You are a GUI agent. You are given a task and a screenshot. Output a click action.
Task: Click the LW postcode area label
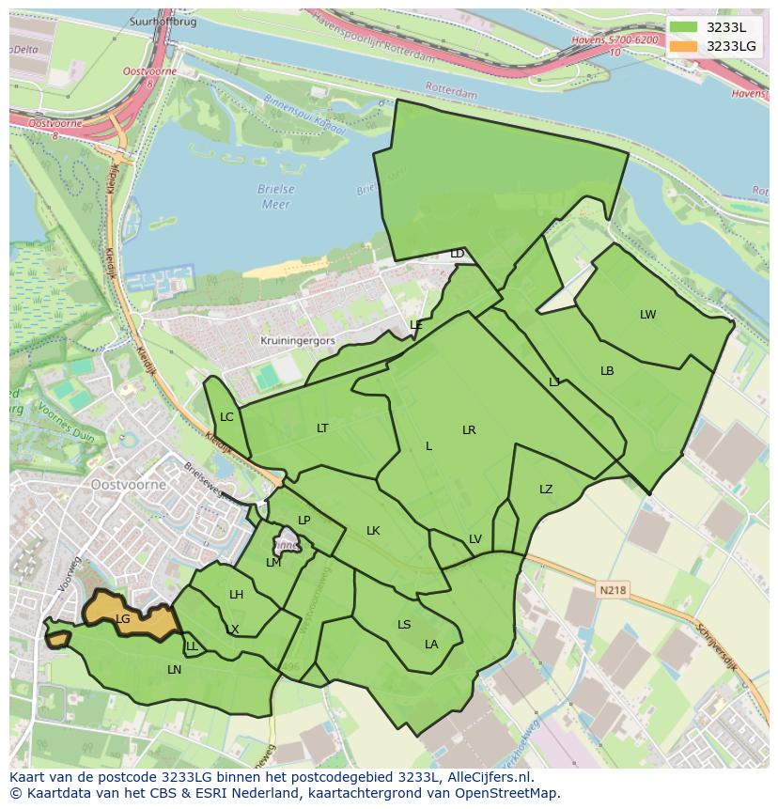click(x=647, y=315)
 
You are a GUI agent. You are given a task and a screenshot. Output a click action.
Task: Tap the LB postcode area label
click(x=607, y=371)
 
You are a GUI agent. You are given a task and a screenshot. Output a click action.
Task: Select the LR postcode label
click(x=469, y=430)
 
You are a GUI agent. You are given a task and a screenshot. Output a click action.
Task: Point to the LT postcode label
click(x=322, y=428)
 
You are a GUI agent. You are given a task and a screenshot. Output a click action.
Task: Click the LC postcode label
click(x=226, y=417)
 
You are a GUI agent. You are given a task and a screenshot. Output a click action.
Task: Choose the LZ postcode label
click(x=546, y=490)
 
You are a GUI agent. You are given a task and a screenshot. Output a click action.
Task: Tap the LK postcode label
click(x=373, y=531)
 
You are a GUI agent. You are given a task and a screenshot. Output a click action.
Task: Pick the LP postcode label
click(x=303, y=521)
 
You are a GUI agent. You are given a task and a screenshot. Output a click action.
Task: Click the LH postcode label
click(x=236, y=595)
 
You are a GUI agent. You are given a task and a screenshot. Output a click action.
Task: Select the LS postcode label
click(x=404, y=625)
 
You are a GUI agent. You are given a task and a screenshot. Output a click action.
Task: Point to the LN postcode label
click(x=174, y=670)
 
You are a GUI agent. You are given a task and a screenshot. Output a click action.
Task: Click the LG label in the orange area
click(x=123, y=619)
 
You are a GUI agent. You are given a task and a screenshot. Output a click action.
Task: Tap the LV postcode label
click(x=475, y=539)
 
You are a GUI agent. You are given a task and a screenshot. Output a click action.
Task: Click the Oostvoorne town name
click(x=129, y=485)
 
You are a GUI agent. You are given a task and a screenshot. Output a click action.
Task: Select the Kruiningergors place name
click(x=298, y=342)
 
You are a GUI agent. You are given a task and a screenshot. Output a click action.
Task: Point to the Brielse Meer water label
click(x=276, y=196)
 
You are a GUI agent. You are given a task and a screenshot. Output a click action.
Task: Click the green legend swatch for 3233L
click(x=683, y=28)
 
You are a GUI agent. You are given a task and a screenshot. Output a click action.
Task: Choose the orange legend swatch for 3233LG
click(x=683, y=46)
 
